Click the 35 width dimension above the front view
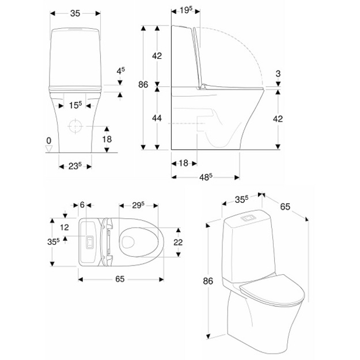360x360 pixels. [75, 14]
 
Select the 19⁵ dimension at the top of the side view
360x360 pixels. [185, 10]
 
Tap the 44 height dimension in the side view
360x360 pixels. [157, 118]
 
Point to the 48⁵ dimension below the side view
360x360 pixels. [206, 177]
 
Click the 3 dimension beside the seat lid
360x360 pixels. [278, 74]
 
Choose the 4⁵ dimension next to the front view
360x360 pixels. [121, 71]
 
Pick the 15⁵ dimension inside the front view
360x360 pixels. [75, 105]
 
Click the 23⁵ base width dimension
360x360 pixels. [75, 166]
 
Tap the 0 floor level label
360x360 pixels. [49, 141]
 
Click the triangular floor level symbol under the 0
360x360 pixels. [49, 149]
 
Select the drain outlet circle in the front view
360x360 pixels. [75, 126]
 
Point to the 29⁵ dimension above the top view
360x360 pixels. [138, 205]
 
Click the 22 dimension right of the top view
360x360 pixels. [178, 242]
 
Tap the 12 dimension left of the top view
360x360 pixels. [65, 228]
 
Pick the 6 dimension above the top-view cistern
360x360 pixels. [82, 204]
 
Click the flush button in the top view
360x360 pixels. [89, 242]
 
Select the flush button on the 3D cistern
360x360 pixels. [248, 218]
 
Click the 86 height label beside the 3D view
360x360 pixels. [208, 281]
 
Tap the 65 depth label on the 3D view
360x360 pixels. [285, 207]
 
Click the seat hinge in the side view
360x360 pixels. [202, 86]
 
